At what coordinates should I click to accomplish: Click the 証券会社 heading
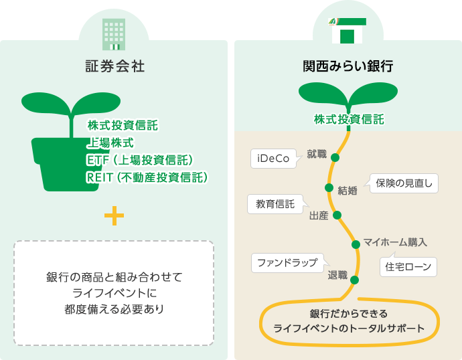click(x=115, y=66)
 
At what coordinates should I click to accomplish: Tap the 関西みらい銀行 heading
click(x=348, y=66)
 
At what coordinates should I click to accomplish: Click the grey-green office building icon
click(x=114, y=34)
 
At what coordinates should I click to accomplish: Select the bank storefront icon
click(x=348, y=31)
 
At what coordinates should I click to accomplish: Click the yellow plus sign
click(x=114, y=215)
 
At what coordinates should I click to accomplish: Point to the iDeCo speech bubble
click(x=275, y=159)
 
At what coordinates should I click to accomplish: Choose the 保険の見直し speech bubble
click(x=403, y=183)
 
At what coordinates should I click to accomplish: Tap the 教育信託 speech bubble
click(x=277, y=203)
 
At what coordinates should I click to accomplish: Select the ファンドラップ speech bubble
click(x=289, y=262)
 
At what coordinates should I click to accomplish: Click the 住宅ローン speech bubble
click(x=408, y=267)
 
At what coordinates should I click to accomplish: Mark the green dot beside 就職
click(x=335, y=157)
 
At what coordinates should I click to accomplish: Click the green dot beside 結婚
click(x=329, y=187)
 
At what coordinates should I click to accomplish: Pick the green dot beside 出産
click(x=337, y=215)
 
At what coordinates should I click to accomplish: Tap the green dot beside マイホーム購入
click(x=356, y=244)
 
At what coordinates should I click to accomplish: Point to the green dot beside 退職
click(x=354, y=280)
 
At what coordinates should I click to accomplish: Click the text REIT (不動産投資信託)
click(x=147, y=177)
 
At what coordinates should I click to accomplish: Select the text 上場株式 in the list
click(x=110, y=143)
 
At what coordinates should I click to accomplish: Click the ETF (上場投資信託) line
click(x=140, y=160)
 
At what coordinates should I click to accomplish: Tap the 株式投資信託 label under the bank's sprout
click(x=349, y=120)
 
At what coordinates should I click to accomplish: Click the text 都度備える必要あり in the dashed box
click(x=114, y=309)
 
